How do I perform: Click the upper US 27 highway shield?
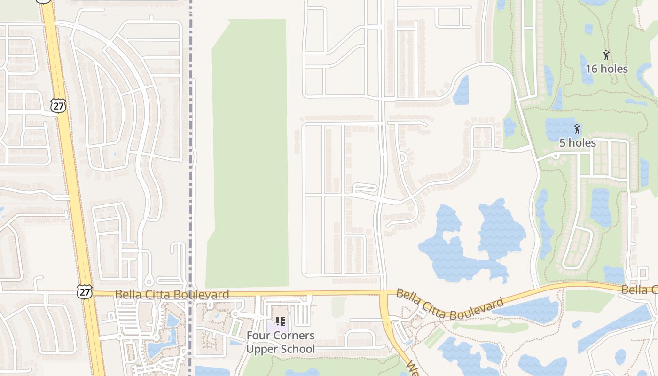click(x=58, y=106)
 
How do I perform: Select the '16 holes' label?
click(x=606, y=69)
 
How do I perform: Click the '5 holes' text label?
click(x=577, y=142)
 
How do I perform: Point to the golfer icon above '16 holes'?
click(x=606, y=55)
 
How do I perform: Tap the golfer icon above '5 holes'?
click(x=577, y=129)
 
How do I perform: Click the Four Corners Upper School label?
click(x=281, y=342)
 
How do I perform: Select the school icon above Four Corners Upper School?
click(x=280, y=321)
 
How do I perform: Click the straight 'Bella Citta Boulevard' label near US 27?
click(x=172, y=294)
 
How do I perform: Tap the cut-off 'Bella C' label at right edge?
click(x=639, y=290)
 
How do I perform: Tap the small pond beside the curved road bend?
click(x=462, y=90)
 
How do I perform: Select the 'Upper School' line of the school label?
click(x=281, y=349)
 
